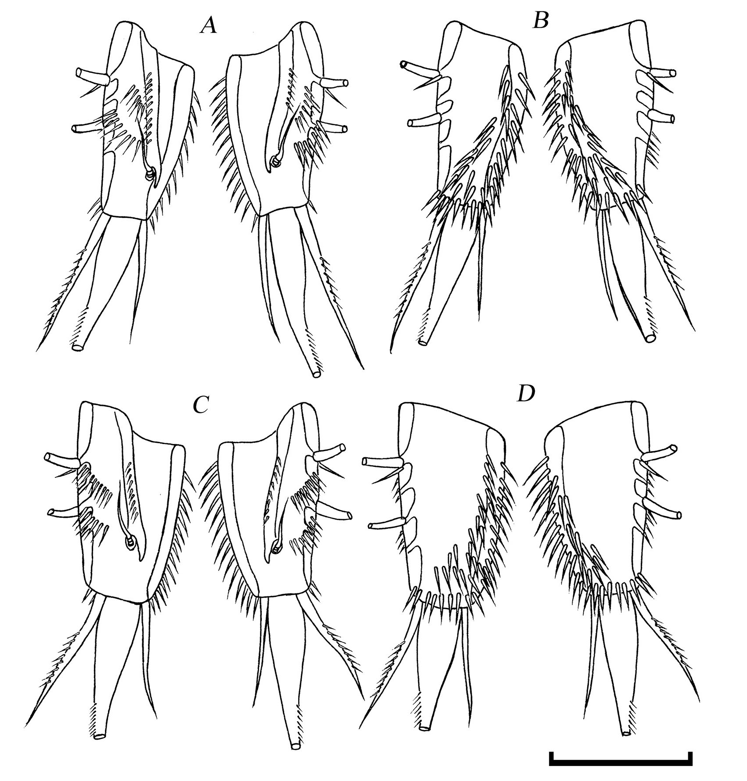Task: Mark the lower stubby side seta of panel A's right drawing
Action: [x=333, y=128]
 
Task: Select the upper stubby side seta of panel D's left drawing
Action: [x=383, y=462]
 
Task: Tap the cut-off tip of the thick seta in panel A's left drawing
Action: [x=78, y=347]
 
